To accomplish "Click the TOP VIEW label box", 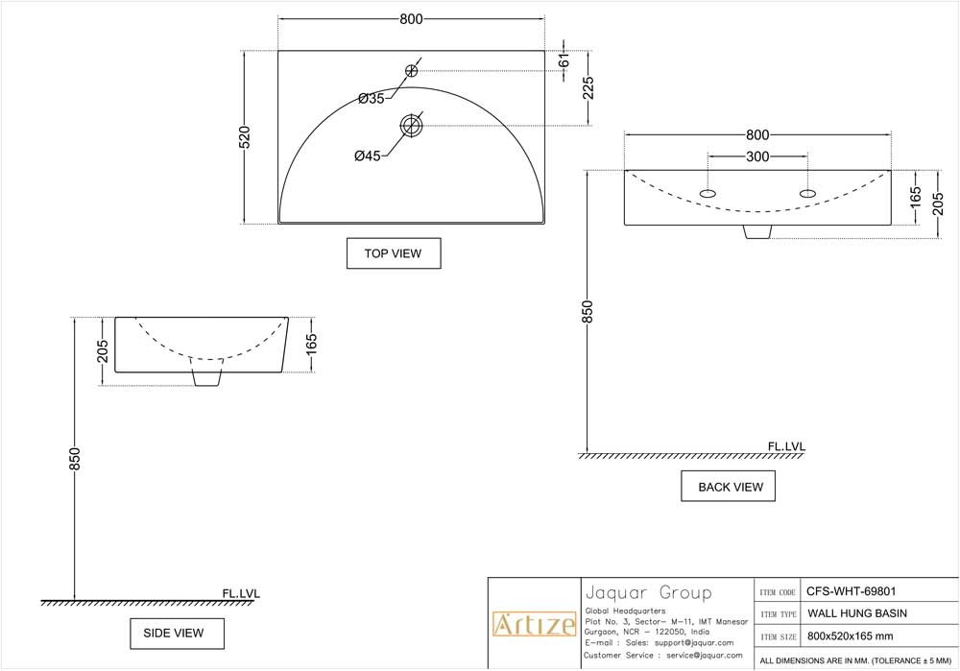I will [394, 253].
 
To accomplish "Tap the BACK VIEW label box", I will [728, 487].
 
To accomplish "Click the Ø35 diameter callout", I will [371, 98].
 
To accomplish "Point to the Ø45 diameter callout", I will [368, 156].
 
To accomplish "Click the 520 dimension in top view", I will [245, 137].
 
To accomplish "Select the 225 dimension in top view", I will [588, 88].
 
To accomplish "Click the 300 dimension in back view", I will [757, 156].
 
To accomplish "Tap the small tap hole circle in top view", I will [411, 70].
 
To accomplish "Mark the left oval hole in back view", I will [708, 194].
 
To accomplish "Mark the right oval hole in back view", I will [807, 194].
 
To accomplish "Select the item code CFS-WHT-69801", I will [852, 592].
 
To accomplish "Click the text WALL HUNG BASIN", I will [857, 613].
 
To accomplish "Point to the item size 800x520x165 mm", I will [850, 635].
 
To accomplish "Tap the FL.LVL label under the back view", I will [786, 446].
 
